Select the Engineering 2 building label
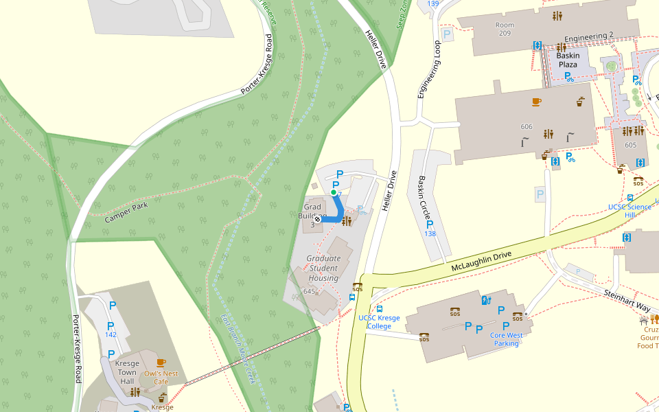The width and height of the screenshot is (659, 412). (588, 36)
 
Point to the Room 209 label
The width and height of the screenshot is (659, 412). (505, 29)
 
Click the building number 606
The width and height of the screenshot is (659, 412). (527, 126)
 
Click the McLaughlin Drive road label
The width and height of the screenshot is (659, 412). (481, 261)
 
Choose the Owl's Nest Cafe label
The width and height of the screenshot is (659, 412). (161, 377)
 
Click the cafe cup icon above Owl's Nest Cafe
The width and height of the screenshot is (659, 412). (161, 362)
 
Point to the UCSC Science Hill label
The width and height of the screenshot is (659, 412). (629, 211)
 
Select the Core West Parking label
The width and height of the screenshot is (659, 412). (506, 339)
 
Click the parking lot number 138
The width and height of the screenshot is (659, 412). (430, 234)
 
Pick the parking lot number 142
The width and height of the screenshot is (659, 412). (111, 334)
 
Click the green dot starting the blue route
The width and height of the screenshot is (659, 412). (334, 193)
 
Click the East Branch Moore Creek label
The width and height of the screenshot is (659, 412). (237, 350)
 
